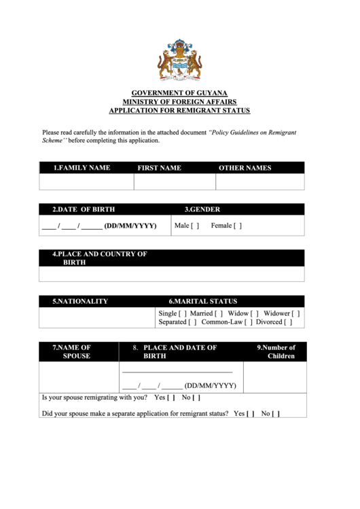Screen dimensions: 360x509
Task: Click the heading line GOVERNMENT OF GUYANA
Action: [x=179, y=92]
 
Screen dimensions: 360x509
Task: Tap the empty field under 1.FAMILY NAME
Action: [x=86, y=182]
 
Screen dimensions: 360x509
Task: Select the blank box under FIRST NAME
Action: [x=175, y=182]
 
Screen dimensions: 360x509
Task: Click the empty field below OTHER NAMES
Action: [x=260, y=182]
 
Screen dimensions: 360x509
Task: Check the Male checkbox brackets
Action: [x=195, y=226]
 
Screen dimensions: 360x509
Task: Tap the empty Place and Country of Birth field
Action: [x=172, y=273]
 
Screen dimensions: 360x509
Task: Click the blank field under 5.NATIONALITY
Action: [x=97, y=318]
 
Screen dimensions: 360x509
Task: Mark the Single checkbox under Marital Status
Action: [x=183, y=313]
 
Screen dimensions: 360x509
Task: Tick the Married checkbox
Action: [x=219, y=313]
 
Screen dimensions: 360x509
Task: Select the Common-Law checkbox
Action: [x=249, y=322]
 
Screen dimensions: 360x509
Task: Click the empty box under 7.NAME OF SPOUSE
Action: [x=79, y=377]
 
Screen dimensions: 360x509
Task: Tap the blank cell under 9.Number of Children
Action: [x=274, y=377]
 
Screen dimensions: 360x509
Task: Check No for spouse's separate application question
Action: [x=276, y=413]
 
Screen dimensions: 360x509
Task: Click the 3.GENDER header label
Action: [x=202, y=209]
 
